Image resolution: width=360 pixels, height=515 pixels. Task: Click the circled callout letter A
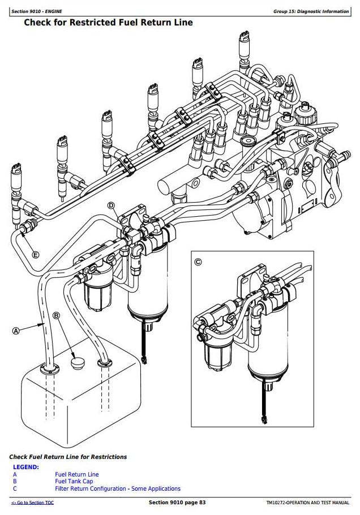15,331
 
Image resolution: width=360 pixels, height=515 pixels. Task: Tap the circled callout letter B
56,315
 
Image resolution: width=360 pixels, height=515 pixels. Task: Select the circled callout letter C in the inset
198,261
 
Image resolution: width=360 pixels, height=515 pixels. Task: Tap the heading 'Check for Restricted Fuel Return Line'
108,23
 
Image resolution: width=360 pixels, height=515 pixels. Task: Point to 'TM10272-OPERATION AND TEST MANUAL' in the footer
307,503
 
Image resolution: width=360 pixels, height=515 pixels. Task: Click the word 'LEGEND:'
25,467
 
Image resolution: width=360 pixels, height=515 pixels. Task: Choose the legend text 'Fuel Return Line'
77,474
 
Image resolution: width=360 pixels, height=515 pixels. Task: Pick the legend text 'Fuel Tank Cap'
74,481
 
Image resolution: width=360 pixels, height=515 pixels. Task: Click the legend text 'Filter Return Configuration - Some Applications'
118,488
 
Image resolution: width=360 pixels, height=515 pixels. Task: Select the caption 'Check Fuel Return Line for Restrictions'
68,457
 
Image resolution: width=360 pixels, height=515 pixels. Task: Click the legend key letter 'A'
15,474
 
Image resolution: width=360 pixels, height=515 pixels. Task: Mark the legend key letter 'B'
15,481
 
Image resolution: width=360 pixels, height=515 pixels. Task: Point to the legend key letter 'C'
15,488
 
